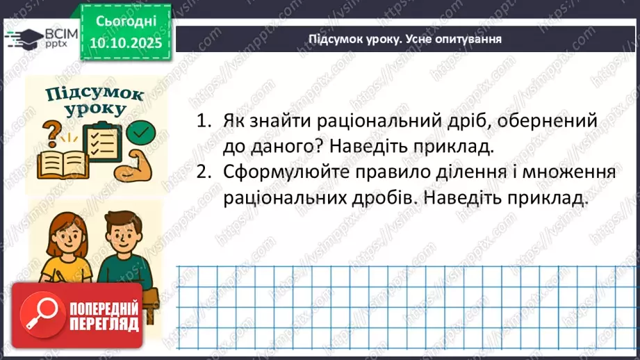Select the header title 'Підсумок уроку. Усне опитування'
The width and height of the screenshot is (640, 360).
[x=405, y=39]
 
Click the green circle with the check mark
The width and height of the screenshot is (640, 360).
[x=143, y=131]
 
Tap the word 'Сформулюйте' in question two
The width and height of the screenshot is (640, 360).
[x=282, y=173]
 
